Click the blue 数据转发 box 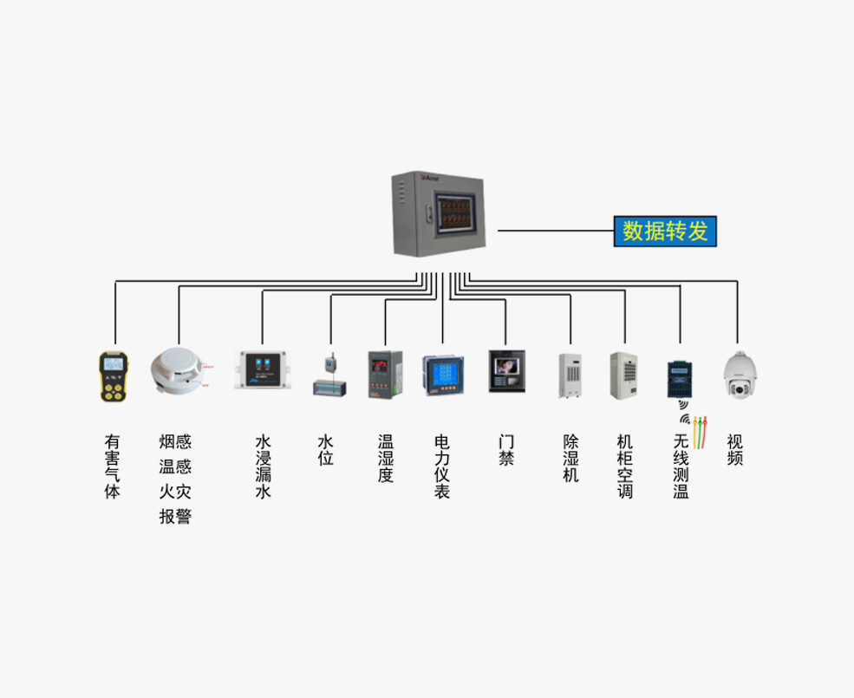[666, 231]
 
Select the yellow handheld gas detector [113, 376]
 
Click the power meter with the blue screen [442, 375]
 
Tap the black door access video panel [506, 372]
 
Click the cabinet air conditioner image [623, 375]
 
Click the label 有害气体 [112, 466]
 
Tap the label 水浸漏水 [263, 466]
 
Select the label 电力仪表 [442, 466]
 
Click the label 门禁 [506, 450]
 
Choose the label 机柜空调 [624, 466]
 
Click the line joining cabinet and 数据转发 [555, 232]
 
